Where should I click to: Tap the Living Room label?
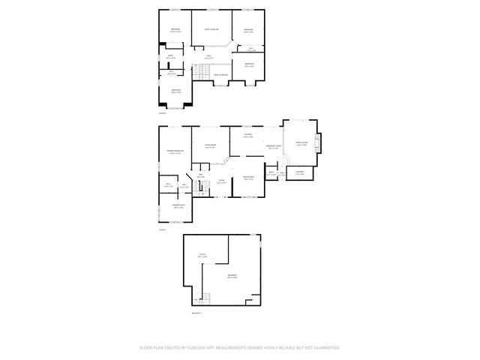(x=211, y=146)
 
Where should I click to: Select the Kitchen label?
(x=247, y=136)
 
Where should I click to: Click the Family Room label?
(x=302, y=144)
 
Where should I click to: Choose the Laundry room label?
(x=299, y=175)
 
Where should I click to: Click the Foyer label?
(x=221, y=182)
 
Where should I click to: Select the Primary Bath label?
(x=179, y=206)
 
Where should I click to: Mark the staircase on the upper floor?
(x=201, y=73)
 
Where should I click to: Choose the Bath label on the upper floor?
(x=170, y=56)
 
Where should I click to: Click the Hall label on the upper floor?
(x=210, y=56)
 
